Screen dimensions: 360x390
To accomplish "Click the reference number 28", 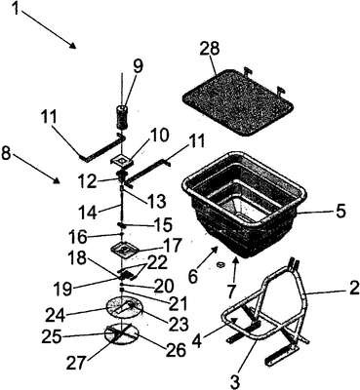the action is tap(210, 49).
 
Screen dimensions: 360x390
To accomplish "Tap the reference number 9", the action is tap(138, 66).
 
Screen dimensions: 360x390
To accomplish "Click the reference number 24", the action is tap(56, 315).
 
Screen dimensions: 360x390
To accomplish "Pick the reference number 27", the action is tap(77, 363).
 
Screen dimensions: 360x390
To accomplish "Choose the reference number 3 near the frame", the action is tap(237, 380).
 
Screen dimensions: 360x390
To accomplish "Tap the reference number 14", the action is tap(89, 213).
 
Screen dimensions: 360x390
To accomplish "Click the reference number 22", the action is tap(157, 262).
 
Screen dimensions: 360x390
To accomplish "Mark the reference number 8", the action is tap(9, 154).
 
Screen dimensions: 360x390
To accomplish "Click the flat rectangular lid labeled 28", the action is tap(238, 102).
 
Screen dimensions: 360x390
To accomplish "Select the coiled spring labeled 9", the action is tap(123, 119).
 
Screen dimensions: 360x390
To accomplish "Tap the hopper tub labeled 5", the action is tap(244, 205).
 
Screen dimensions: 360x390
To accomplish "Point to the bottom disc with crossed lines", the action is tap(122, 333).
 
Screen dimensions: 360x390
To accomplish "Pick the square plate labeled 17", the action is tap(125, 250).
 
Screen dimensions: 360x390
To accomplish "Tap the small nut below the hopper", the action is tap(220, 265).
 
